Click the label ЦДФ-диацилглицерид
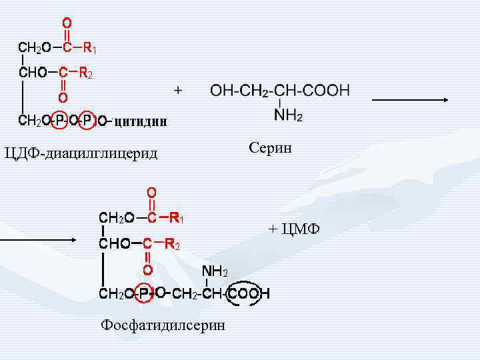[81, 154]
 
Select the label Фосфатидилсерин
[163, 325]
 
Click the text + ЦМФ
[294, 229]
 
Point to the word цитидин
[140, 121]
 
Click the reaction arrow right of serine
[410, 100]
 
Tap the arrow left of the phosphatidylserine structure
[26, 237]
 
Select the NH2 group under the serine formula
[288, 116]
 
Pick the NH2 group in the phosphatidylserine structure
[215, 271]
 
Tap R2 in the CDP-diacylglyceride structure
[86, 73]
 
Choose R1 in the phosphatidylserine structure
[176, 217]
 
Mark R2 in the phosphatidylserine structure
[172, 244]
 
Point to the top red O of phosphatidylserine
[152, 192]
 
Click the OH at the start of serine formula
[221, 91]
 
